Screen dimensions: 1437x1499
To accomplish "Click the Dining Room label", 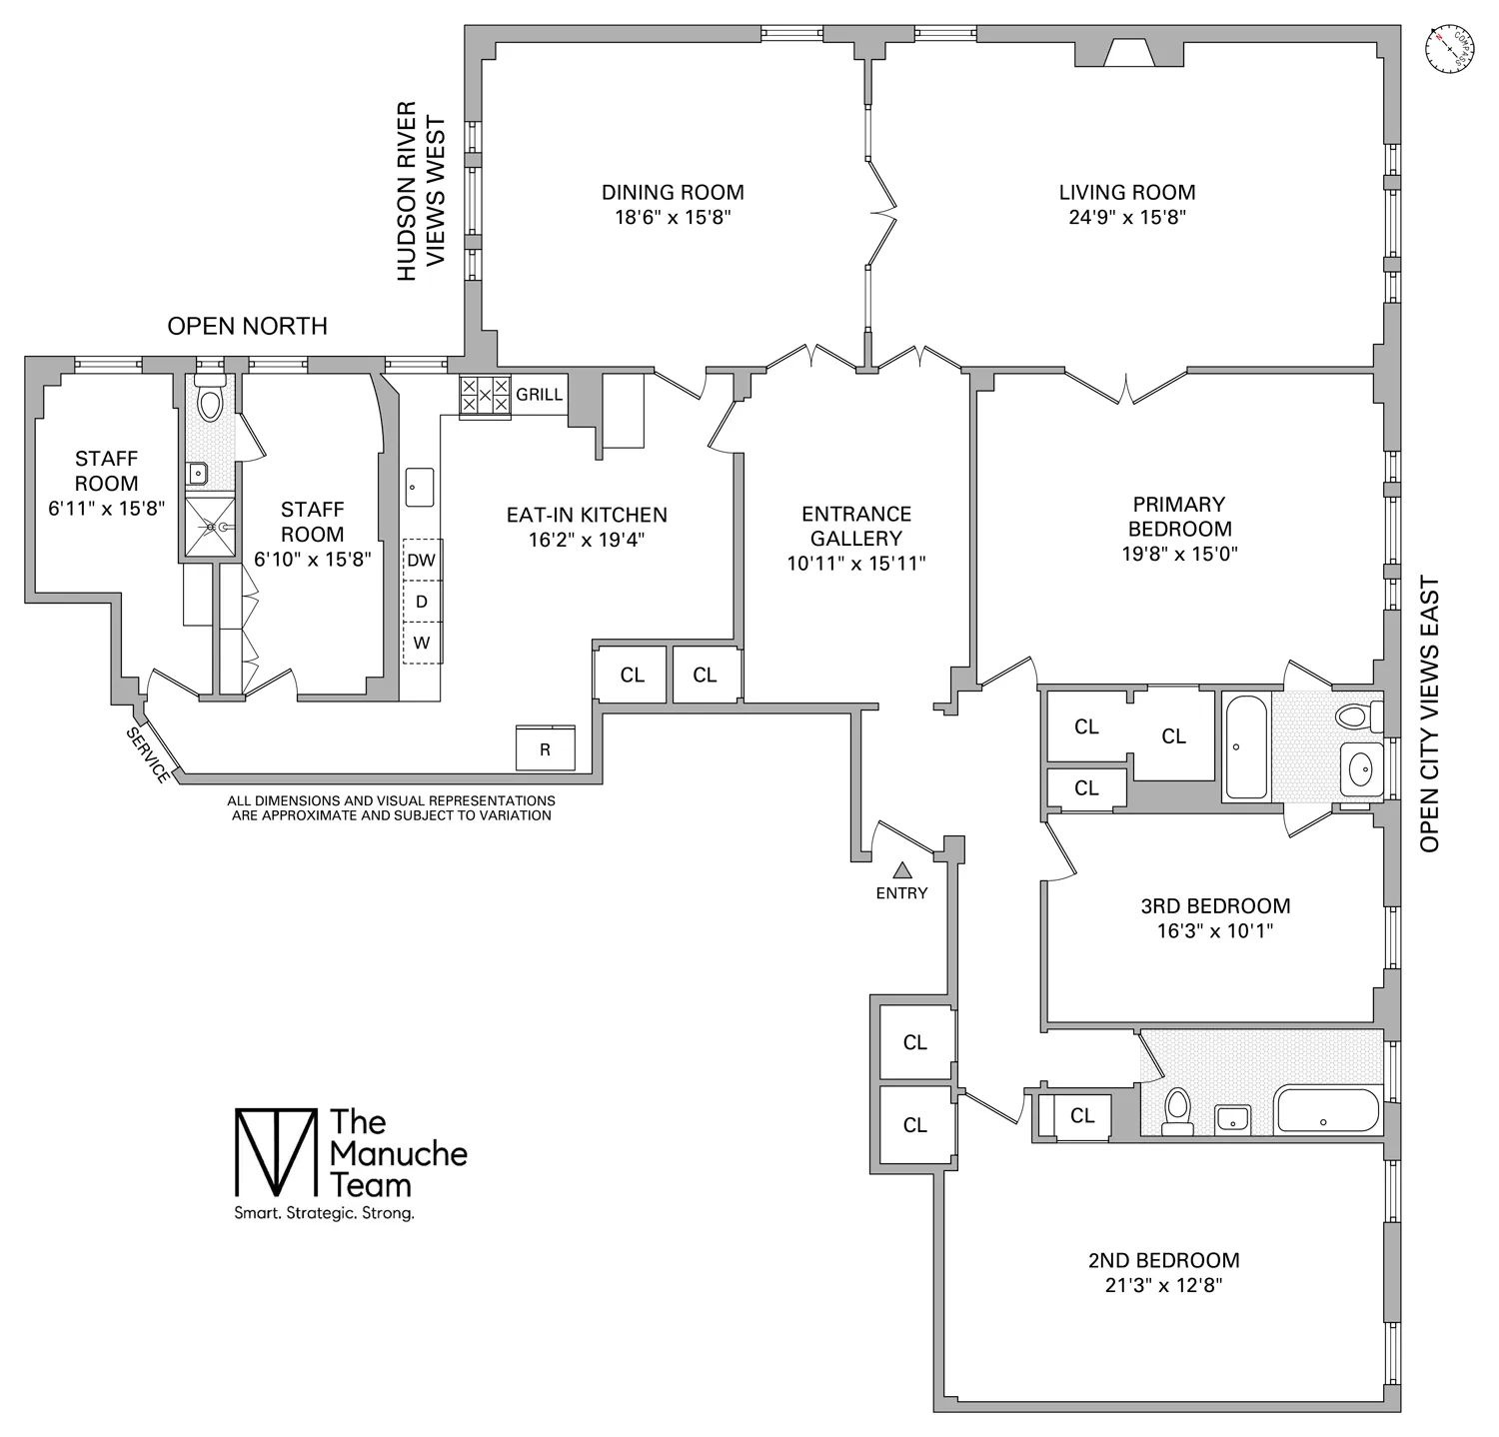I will pos(672,193).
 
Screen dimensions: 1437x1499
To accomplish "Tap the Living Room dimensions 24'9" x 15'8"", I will pos(1126,218).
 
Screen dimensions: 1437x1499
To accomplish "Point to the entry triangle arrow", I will pos(901,870).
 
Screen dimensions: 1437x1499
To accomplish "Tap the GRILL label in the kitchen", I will pos(539,395).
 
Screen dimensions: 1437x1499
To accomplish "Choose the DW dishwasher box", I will pos(422,560).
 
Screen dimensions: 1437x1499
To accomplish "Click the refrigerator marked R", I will pos(545,748).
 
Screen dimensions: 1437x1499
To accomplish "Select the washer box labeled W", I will pos(422,643).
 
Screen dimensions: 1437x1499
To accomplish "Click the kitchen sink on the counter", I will pos(419,487).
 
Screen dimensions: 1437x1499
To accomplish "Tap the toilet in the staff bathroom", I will pos(210,402).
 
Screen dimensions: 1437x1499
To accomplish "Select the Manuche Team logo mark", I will pos(274,1152).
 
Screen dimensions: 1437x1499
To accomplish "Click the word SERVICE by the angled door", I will pos(147,754).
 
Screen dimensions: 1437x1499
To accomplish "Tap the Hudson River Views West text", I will pos(420,190).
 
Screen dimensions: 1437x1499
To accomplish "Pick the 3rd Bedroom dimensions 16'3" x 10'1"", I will pos(1214,931).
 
